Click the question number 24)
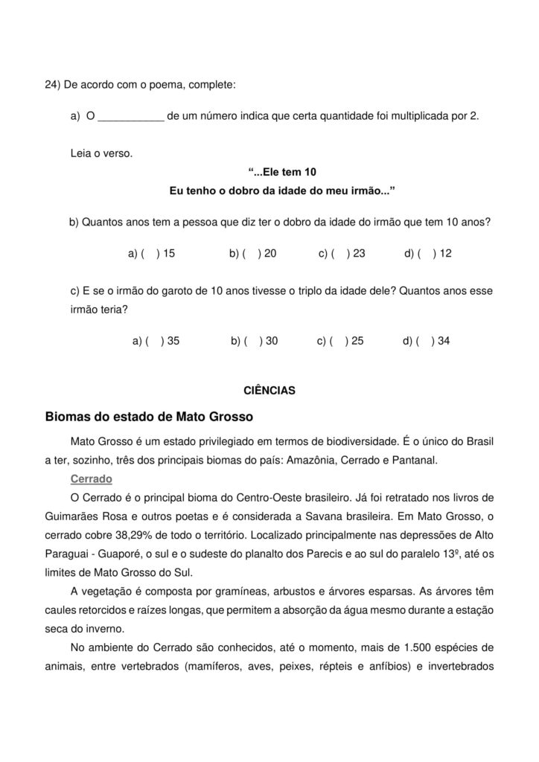coord(53,85)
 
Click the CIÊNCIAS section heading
coord(269,390)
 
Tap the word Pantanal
coord(416,460)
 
